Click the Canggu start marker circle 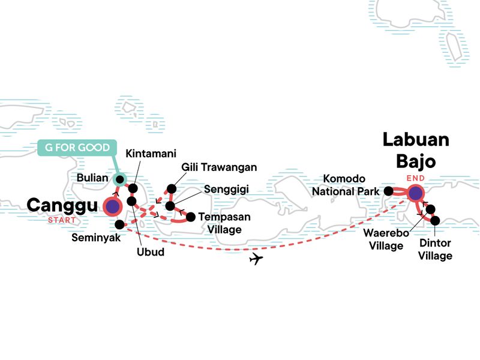112,206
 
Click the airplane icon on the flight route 256,259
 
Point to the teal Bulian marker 119,179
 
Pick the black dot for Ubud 131,201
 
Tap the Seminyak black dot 120,224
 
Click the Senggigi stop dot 170,206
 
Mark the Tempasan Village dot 191,217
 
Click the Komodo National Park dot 388,191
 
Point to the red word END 415,178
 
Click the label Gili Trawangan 219,167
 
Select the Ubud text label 151,252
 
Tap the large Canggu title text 63,206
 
